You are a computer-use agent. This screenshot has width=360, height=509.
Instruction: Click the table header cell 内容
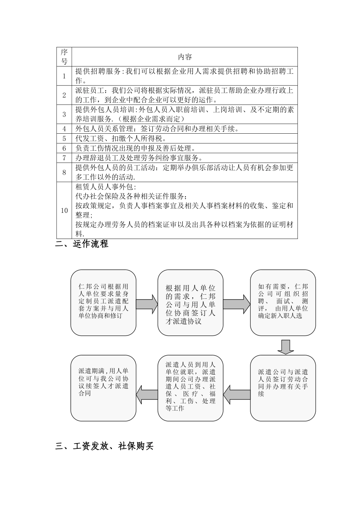coord(185,57)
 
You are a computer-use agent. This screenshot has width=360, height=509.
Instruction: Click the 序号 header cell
coord(64,57)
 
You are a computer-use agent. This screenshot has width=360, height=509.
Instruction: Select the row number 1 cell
coord(64,76)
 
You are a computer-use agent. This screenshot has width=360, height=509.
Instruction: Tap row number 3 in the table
coord(64,114)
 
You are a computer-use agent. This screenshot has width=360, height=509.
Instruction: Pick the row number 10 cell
coord(64,211)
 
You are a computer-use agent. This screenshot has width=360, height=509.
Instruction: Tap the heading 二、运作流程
coord(82,244)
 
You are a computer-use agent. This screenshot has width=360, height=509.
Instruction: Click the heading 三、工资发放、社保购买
coord(104,447)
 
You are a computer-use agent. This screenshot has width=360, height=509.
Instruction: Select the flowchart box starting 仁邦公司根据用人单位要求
coord(103,302)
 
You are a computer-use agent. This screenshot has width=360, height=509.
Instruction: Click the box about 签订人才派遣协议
coord(190,302)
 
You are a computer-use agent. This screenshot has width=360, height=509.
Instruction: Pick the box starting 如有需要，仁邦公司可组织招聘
coord(283,302)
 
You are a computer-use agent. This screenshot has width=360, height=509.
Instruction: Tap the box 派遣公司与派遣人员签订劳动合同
coord(283,388)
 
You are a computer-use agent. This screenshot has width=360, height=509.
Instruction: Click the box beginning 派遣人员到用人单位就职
coord(190,388)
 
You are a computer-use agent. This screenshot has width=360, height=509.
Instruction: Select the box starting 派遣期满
coord(103,388)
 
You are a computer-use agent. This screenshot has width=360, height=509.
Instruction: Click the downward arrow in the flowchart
coord(285,347)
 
